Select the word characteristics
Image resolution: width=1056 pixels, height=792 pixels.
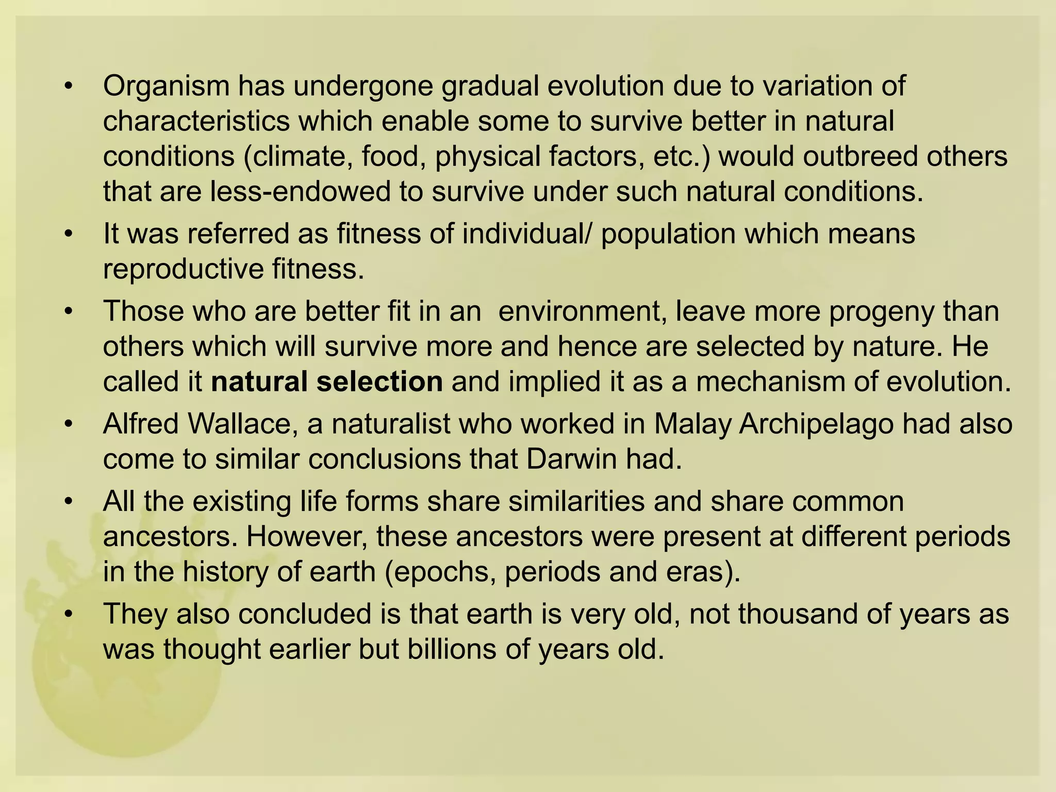click(x=196, y=122)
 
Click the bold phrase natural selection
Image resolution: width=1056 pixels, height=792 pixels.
click(x=327, y=382)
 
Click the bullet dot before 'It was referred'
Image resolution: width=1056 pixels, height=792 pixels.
click(x=68, y=235)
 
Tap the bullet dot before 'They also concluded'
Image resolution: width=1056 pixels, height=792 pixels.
click(x=68, y=615)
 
